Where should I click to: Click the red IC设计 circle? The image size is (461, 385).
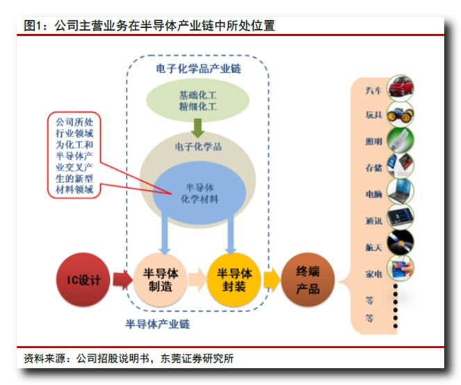tap(83, 280)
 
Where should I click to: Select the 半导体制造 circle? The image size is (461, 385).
tap(160, 280)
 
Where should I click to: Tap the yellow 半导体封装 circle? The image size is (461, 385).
tap(234, 280)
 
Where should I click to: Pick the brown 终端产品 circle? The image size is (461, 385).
tap(308, 280)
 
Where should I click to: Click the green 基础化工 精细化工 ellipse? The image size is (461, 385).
tap(198, 100)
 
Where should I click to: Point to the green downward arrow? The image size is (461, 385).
tap(198, 128)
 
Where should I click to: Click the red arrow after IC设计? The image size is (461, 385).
tap(123, 280)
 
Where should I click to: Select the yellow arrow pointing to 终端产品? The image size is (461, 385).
tap(272, 280)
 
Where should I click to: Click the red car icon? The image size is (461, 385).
tap(400, 88)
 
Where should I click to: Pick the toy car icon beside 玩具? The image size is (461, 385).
tap(400, 114)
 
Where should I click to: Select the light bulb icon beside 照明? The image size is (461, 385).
tap(400, 140)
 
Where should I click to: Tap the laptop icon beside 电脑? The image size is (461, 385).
tap(400, 191)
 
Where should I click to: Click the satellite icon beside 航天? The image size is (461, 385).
tap(400, 243)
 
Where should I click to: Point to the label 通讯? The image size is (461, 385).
tap(373, 221)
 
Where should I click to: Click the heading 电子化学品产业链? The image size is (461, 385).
tap(198, 69)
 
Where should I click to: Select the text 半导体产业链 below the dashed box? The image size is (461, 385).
tap(158, 324)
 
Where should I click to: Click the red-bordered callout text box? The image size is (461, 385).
tap(74, 155)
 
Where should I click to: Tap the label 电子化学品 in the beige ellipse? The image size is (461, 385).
tap(198, 147)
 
